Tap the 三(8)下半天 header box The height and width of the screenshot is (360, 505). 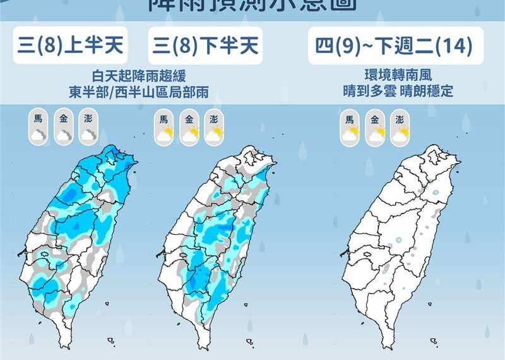[205, 46]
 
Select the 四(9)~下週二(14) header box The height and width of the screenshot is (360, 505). [391, 46]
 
